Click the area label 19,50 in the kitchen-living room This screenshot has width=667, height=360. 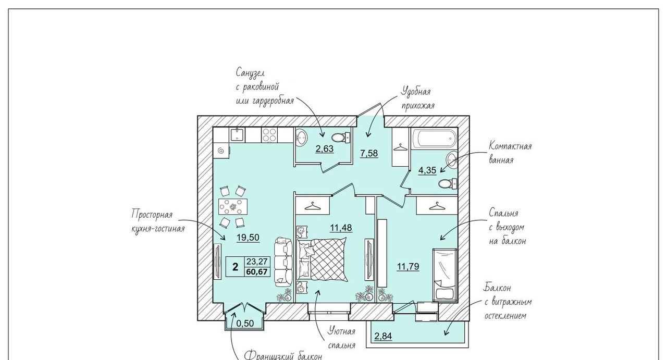(x=248, y=238)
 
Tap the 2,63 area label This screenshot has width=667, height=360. (x=325, y=148)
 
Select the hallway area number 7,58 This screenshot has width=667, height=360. (x=369, y=153)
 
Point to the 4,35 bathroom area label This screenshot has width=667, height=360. (x=427, y=170)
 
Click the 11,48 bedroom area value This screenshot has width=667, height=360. (x=341, y=228)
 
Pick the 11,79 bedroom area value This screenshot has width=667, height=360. (x=408, y=266)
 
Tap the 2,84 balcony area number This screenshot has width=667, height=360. (x=383, y=336)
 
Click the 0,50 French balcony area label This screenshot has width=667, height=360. (x=245, y=323)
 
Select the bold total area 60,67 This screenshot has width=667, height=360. (x=257, y=272)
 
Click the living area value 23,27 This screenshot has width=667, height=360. (x=257, y=262)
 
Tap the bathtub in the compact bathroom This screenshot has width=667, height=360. (x=435, y=139)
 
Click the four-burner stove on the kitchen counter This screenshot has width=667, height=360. (x=269, y=134)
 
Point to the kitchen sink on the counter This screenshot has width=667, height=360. (x=237, y=134)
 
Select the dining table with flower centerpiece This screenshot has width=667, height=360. (x=233, y=207)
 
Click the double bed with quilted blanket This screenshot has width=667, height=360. (x=322, y=259)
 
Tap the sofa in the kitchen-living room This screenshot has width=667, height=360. (x=283, y=262)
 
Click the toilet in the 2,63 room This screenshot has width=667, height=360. (x=340, y=138)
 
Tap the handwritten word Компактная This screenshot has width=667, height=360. (x=510, y=146)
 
